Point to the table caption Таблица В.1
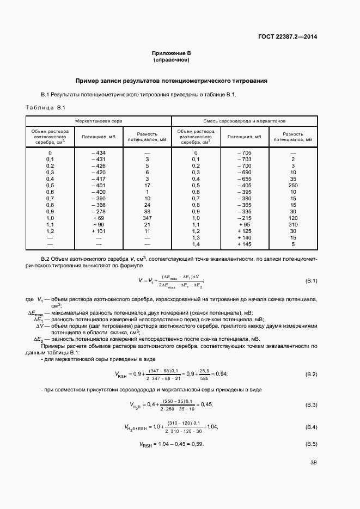coord(45,107)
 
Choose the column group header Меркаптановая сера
coord(99,120)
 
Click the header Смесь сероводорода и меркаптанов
coord(245,120)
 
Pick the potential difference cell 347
coord(146,218)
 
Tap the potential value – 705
coord(244,152)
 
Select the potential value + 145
coord(244,244)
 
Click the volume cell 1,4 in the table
coord(196,244)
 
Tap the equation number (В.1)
coord(311,281)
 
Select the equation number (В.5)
coord(311,444)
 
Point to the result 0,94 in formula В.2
coord(220,373)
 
